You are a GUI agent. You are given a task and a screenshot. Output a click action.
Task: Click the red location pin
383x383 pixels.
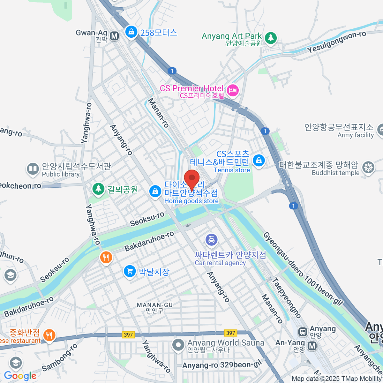(192, 179)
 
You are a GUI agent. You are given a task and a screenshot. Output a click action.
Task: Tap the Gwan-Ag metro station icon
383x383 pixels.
(114, 36)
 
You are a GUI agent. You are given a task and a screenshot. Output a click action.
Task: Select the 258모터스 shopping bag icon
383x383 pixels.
(131, 32)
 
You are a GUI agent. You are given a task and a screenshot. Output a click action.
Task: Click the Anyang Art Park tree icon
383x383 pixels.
(271, 38)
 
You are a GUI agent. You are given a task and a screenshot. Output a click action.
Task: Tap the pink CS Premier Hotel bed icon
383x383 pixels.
(233, 90)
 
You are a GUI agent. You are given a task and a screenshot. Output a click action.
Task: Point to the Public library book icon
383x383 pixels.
(33, 169)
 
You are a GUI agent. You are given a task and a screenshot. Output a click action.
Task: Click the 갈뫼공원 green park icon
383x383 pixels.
(98, 189)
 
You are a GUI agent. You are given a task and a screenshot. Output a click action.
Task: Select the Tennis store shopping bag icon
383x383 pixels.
(259, 160)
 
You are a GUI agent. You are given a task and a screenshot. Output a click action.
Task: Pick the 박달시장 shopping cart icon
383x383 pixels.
(130, 272)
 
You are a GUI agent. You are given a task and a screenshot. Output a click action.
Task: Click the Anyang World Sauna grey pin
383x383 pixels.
(178, 345)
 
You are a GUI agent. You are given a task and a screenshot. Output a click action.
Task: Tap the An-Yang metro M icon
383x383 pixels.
(312, 345)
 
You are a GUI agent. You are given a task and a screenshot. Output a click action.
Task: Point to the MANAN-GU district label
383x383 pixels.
(154, 308)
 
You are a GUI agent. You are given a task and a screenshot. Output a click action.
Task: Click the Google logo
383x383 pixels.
(20, 376)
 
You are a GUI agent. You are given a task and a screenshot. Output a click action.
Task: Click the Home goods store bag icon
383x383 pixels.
(155, 192)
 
